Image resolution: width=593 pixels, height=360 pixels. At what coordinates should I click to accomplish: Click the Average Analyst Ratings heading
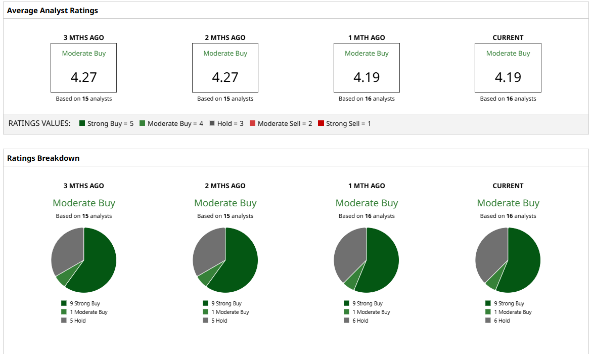pyautogui.click(x=52, y=11)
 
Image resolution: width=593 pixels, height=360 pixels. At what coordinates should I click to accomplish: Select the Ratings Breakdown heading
pyautogui.click(x=43, y=158)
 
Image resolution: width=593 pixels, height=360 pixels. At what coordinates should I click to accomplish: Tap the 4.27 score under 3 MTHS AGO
pyautogui.click(x=83, y=77)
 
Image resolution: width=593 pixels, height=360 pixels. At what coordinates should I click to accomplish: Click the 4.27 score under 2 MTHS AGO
pyautogui.click(x=225, y=77)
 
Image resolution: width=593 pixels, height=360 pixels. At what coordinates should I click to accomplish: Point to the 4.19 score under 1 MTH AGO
pyautogui.click(x=367, y=77)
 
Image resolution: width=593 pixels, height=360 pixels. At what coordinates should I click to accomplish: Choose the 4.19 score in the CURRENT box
pyautogui.click(x=508, y=77)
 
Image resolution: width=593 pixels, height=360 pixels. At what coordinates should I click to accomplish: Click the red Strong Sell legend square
pyautogui.click(x=321, y=123)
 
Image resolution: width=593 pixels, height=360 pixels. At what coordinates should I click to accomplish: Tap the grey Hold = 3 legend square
pyautogui.click(x=212, y=123)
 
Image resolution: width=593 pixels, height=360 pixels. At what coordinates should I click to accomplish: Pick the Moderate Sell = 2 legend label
pyautogui.click(x=285, y=124)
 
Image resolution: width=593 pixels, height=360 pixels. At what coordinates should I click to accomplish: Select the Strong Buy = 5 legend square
pyautogui.click(x=82, y=123)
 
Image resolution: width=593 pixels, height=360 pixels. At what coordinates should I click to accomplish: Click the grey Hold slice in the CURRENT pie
pyautogui.click(x=490, y=253)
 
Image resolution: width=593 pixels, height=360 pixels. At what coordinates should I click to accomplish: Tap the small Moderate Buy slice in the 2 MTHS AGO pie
pyautogui.click(x=205, y=278)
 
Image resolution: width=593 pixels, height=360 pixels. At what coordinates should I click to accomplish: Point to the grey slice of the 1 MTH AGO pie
pyautogui.click(x=349, y=253)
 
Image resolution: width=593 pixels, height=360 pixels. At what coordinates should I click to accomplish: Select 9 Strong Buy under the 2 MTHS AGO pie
pyautogui.click(x=226, y=303)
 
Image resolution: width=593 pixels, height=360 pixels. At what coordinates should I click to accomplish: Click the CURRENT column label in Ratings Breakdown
pyautogui.click(x=508, y=186)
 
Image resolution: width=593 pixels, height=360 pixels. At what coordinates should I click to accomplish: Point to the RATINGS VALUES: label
pyautogui.click(x=39, y=123)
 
